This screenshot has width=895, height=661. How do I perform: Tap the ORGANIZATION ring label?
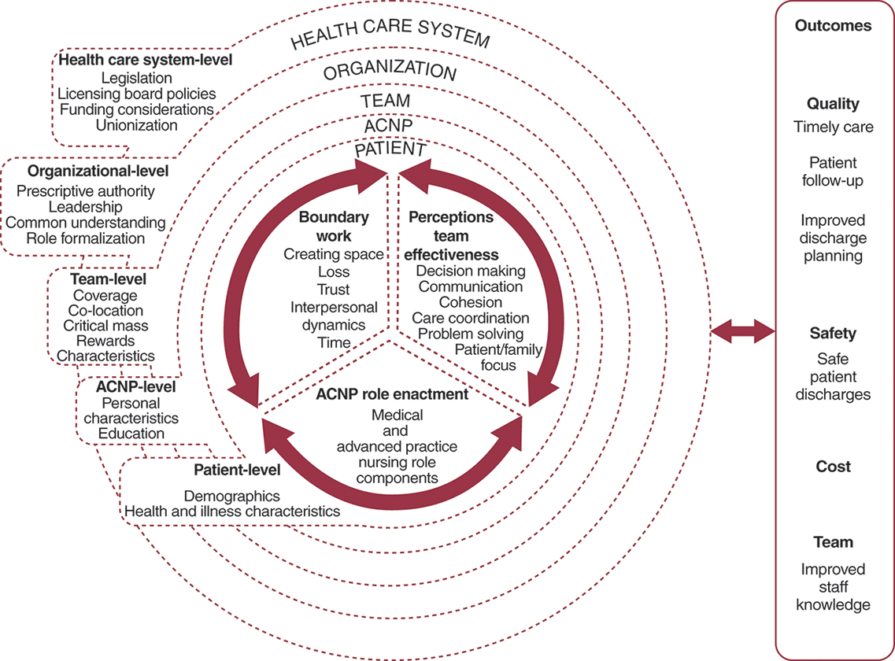click(390, 72)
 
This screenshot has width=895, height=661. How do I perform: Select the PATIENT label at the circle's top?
click(390, 150)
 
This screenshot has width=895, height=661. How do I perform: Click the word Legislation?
click(137, 78)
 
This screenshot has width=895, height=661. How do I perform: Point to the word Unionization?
click(137, 124)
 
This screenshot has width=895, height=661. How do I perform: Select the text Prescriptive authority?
click(86, 191)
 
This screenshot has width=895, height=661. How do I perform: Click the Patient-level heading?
click(237, 471)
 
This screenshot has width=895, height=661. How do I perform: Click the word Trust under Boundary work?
click(334, 289)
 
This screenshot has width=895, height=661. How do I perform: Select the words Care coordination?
click(471, 318)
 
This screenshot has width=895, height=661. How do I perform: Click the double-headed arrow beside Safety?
click(742, 332)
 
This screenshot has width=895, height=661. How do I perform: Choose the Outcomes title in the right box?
click(833, 25)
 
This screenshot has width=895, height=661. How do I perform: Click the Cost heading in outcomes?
click(833, 467)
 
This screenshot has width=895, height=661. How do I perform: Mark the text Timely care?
click(833, 127)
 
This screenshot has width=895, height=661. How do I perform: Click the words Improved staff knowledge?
click(833, 586)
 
